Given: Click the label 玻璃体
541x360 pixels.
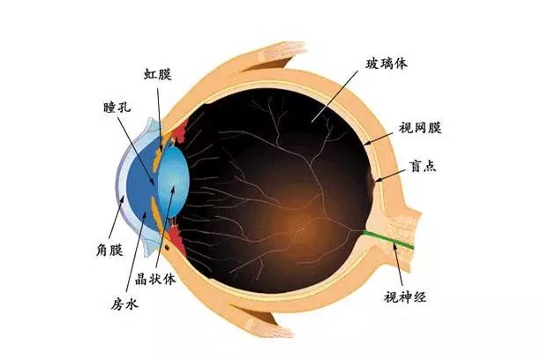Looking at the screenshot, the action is tap(387, 64).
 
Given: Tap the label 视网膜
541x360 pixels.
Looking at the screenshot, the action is tap(420, 128).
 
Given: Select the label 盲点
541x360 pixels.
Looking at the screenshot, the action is tap(423, 166).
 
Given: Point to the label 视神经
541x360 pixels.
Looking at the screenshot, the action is tap(405, 296).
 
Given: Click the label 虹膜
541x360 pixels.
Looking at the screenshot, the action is tap(157, 74).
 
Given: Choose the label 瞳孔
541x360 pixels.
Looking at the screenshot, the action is tap(117, 108).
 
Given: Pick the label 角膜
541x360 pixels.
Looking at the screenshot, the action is tap(109, 250).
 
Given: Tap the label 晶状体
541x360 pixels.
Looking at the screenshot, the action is tap(155, 279).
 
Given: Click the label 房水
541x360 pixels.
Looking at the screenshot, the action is tap(124, 304).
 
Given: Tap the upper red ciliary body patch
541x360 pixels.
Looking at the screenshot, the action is tap(180, 131).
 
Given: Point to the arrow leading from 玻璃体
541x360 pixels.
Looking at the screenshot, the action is tap(334, 96).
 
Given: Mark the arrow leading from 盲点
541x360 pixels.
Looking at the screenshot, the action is tap(390, 176).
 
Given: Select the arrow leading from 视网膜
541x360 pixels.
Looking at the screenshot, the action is tap(380, 138).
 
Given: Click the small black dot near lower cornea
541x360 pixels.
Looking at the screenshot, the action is tap(167, 247).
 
